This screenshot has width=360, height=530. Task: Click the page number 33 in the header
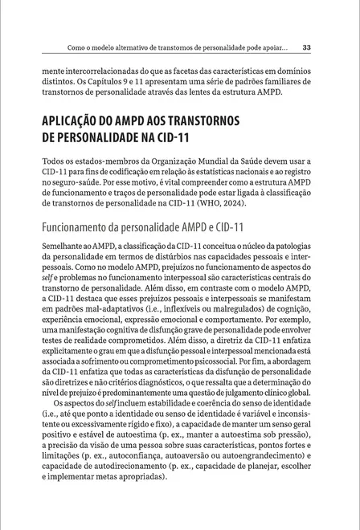pyautogui.click(x=317, y=47)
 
